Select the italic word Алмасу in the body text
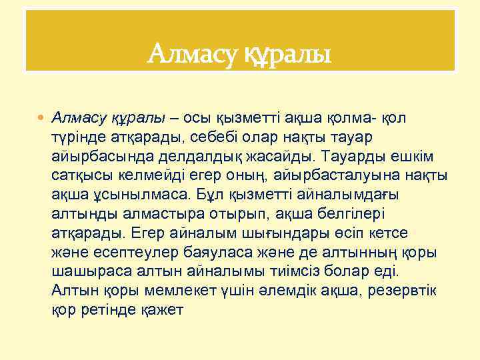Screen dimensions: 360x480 point(79,118)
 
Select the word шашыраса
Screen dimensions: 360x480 point(83,272)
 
